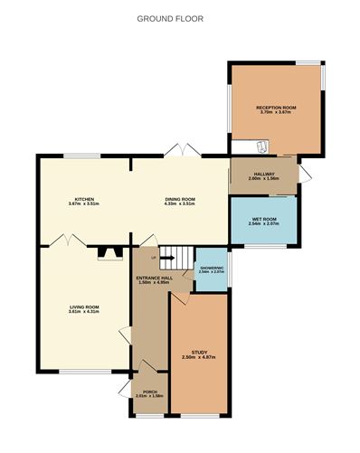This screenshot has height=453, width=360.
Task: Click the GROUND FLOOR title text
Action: click(x=170, y=18)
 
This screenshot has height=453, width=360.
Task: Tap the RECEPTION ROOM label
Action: click(x=276, y=107)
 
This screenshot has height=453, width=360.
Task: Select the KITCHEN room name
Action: click(x=84, y=199)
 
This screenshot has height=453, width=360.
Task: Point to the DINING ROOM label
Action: click(x=180, y=199)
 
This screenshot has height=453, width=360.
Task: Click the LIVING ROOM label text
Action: click(x=84, y=307)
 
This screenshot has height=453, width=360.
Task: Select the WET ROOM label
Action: click(x=264, y=218)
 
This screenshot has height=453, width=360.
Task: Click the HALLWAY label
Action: click(x=264, y=174)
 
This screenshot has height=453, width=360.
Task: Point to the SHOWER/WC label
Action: click(x=211, y=267)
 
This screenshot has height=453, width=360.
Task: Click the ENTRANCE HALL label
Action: click(x=149, y=277)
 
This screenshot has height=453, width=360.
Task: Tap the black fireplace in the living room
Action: click(x=109, y=254)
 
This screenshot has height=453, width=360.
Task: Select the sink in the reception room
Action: click(x=261, y=146)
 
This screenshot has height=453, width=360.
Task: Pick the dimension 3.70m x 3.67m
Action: click(x=276, y=112)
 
